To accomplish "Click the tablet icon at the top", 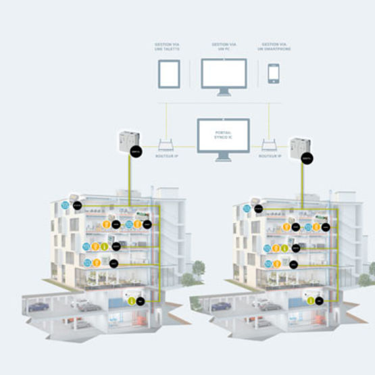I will pos(168,73).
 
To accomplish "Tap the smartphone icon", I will pos(273,73).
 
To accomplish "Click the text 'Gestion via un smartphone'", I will pos(274,49).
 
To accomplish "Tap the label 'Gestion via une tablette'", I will pos(168,49).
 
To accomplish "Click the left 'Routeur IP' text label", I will pos(167,156).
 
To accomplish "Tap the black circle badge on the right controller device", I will pos(309,159).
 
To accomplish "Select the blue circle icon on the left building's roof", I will pos(66,205).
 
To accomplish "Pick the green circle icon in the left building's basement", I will pos(130,301).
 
